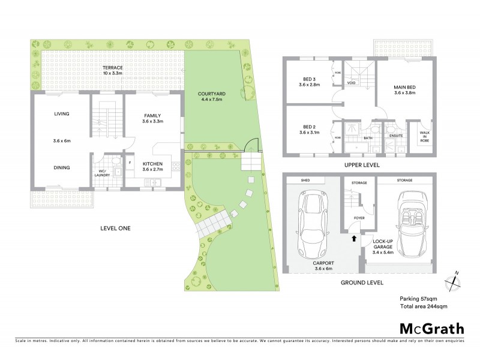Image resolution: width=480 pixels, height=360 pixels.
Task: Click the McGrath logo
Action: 432,328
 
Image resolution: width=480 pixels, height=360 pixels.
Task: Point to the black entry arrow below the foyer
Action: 353,238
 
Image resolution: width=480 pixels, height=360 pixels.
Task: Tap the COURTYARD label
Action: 211,94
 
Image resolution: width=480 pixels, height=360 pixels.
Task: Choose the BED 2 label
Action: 310,127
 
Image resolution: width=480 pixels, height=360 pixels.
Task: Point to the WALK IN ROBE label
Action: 425,136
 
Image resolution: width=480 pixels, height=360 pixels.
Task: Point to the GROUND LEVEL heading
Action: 361,282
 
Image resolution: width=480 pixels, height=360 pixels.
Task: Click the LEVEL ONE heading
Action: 115,228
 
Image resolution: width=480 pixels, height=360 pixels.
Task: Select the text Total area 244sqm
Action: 424,306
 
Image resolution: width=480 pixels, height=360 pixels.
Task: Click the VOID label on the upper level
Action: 352,83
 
